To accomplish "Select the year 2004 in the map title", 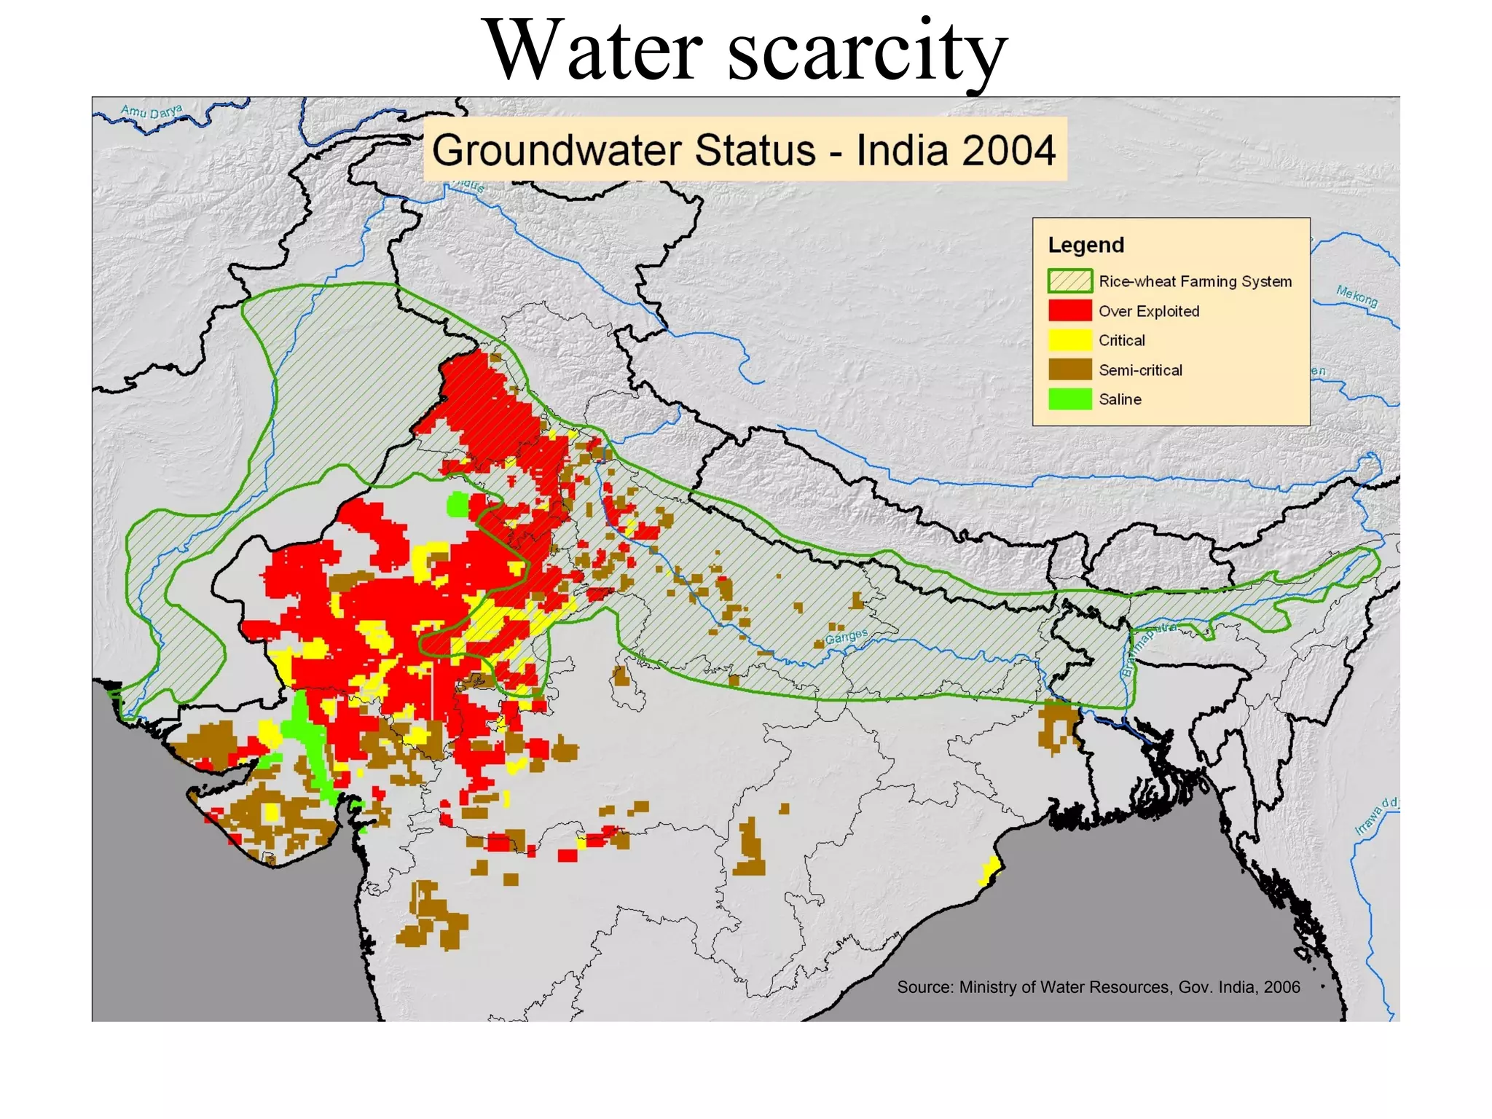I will click(x=1008, y=150).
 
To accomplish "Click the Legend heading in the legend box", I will click(x=1085, y=245).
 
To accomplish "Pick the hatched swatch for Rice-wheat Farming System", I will click(x=1069, y=281).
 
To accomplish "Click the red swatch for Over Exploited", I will click(x=1069, y=311).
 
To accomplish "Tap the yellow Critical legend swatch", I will click(x=1069, y=340).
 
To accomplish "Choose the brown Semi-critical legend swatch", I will click(x=1069, y=370).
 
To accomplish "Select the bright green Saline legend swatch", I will click(x=1069, y=399).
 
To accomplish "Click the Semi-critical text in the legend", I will click(x=1140, y=370).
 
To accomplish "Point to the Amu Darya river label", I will click(x=152, y=111).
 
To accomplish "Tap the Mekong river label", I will click(x=1356, y=296).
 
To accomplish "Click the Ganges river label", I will click(x=846, y=636).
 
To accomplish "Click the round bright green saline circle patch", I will click(x=458, y=504).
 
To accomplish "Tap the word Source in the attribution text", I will click(x=924, y=987).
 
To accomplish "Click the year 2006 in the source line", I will click(x=1281, y=987).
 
